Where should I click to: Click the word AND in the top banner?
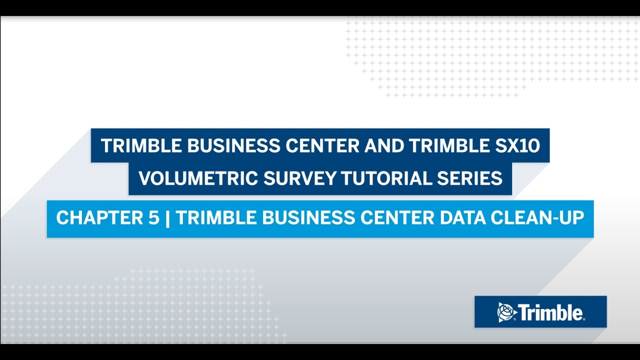(383, 146)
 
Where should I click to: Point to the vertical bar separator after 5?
(166, 218)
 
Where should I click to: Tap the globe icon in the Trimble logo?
(507, 312)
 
